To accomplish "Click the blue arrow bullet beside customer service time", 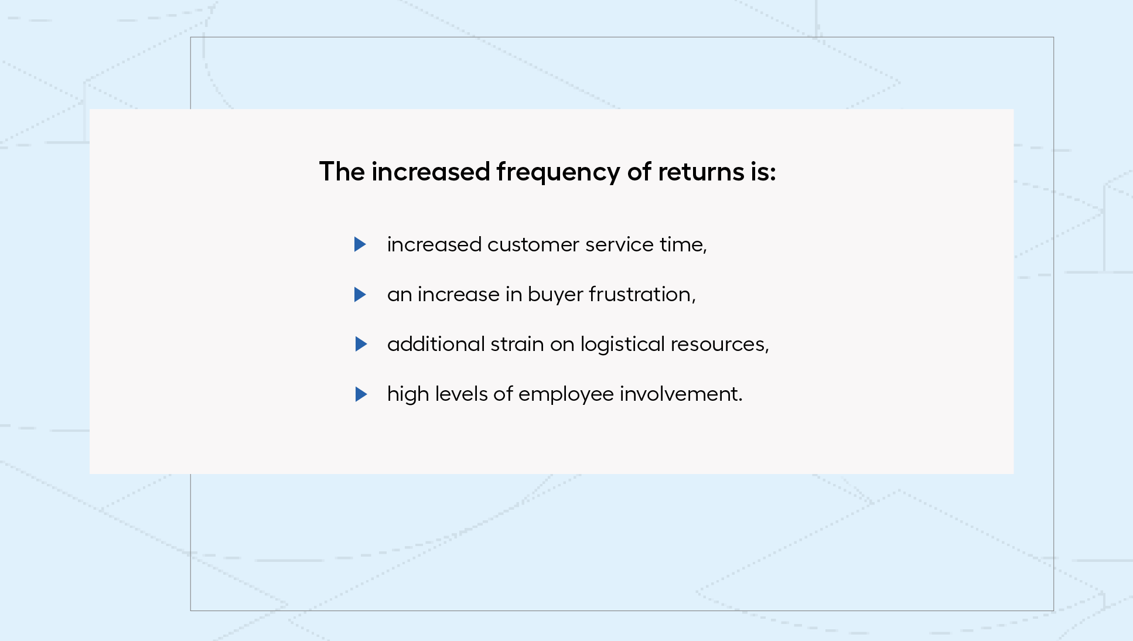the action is coord(360,244).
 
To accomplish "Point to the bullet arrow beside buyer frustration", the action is coord(360,294).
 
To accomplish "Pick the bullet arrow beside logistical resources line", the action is coord(361,344).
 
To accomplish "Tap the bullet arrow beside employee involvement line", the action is coord(361,394).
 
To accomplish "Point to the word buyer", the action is coord(555,295).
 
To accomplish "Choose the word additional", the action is coord(436,344).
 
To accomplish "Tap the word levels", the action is coord(461,394).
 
